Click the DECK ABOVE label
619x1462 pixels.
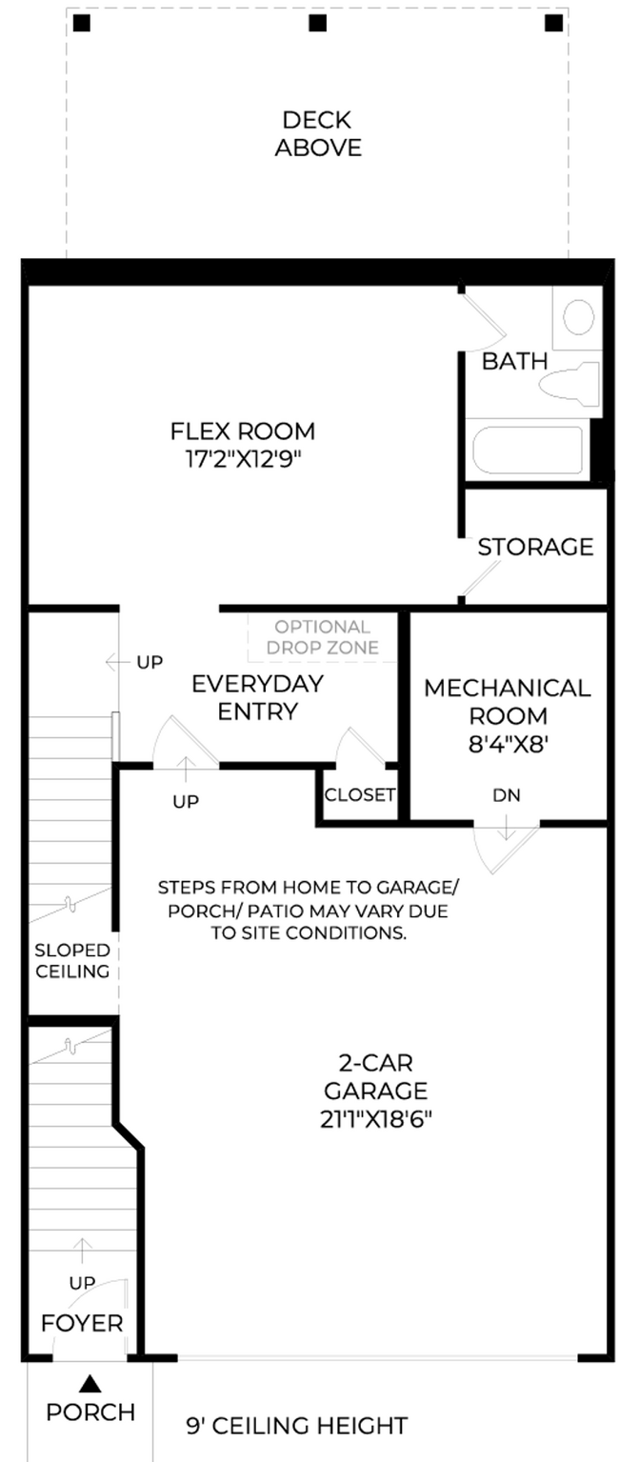(318, 133)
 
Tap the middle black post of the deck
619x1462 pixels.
(318, 24)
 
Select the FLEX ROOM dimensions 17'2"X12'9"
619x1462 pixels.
(243, 459)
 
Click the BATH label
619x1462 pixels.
(514, 361)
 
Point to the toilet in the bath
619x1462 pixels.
(569, 385)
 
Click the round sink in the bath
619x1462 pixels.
(579, 317)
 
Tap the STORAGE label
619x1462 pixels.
(535, 547)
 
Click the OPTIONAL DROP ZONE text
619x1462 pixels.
(323, 637)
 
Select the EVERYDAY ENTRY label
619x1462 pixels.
(258, 697)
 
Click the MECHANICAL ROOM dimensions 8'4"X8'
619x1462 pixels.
(508, 745)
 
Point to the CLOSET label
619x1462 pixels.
(360, 794)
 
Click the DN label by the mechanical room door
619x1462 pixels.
(507, 795)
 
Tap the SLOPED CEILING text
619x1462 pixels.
(72, 961)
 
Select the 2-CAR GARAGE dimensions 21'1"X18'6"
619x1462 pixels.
(376, 1119)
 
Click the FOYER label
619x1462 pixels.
(82, 1324)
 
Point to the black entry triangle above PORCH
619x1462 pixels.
(91, 1382)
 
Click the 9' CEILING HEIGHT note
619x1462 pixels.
(297, 1426)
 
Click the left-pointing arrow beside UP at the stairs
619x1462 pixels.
(117, 662)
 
